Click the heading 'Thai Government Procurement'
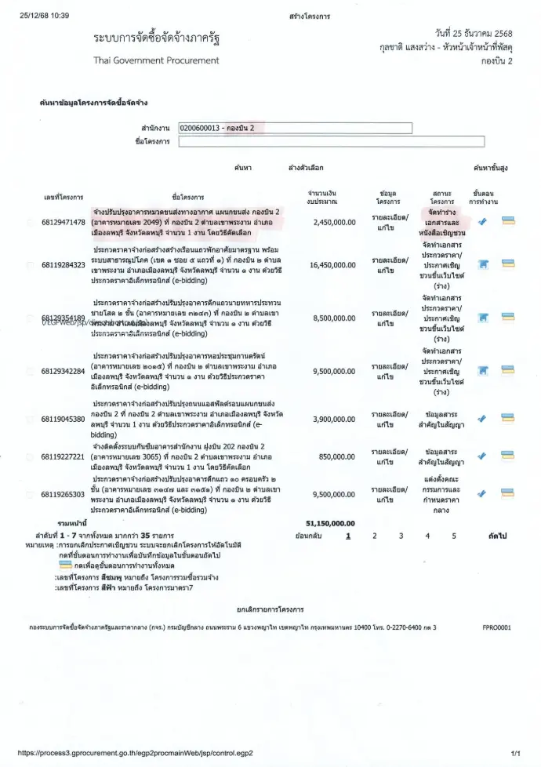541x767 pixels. coord(156,60)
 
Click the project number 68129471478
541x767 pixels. coord(64,223)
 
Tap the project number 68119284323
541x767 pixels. coord(64,266)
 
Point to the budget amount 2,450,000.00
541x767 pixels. coord(334,223)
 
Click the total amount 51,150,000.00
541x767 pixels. coord(330,522)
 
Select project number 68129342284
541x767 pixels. coord(64,371)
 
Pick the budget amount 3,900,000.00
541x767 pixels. coord(334,419)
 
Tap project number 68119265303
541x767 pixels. coord(64,495)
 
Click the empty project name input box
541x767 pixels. coord(294,142)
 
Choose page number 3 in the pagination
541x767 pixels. coord(401,536)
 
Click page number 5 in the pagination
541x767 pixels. coord(453,536)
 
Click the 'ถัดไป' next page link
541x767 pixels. coord(496,536)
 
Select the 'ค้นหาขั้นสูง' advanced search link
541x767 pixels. coord(491,168)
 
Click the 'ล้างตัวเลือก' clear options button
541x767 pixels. coord(306,168)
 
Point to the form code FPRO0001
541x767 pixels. coord(496,627)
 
